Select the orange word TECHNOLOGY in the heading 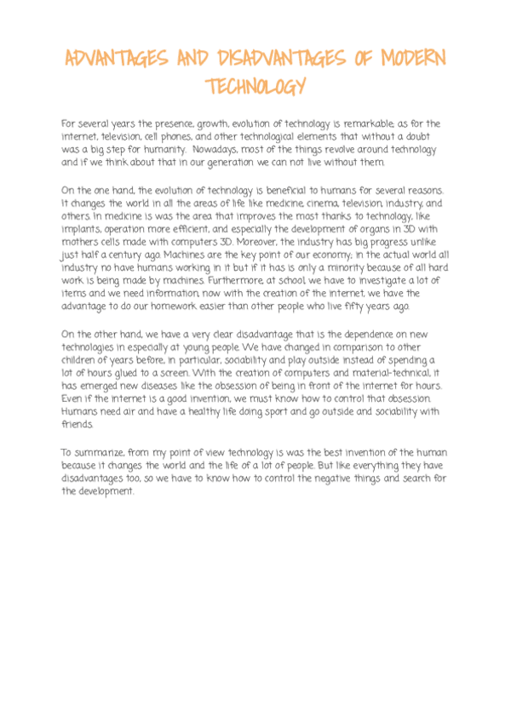click(255, 86)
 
